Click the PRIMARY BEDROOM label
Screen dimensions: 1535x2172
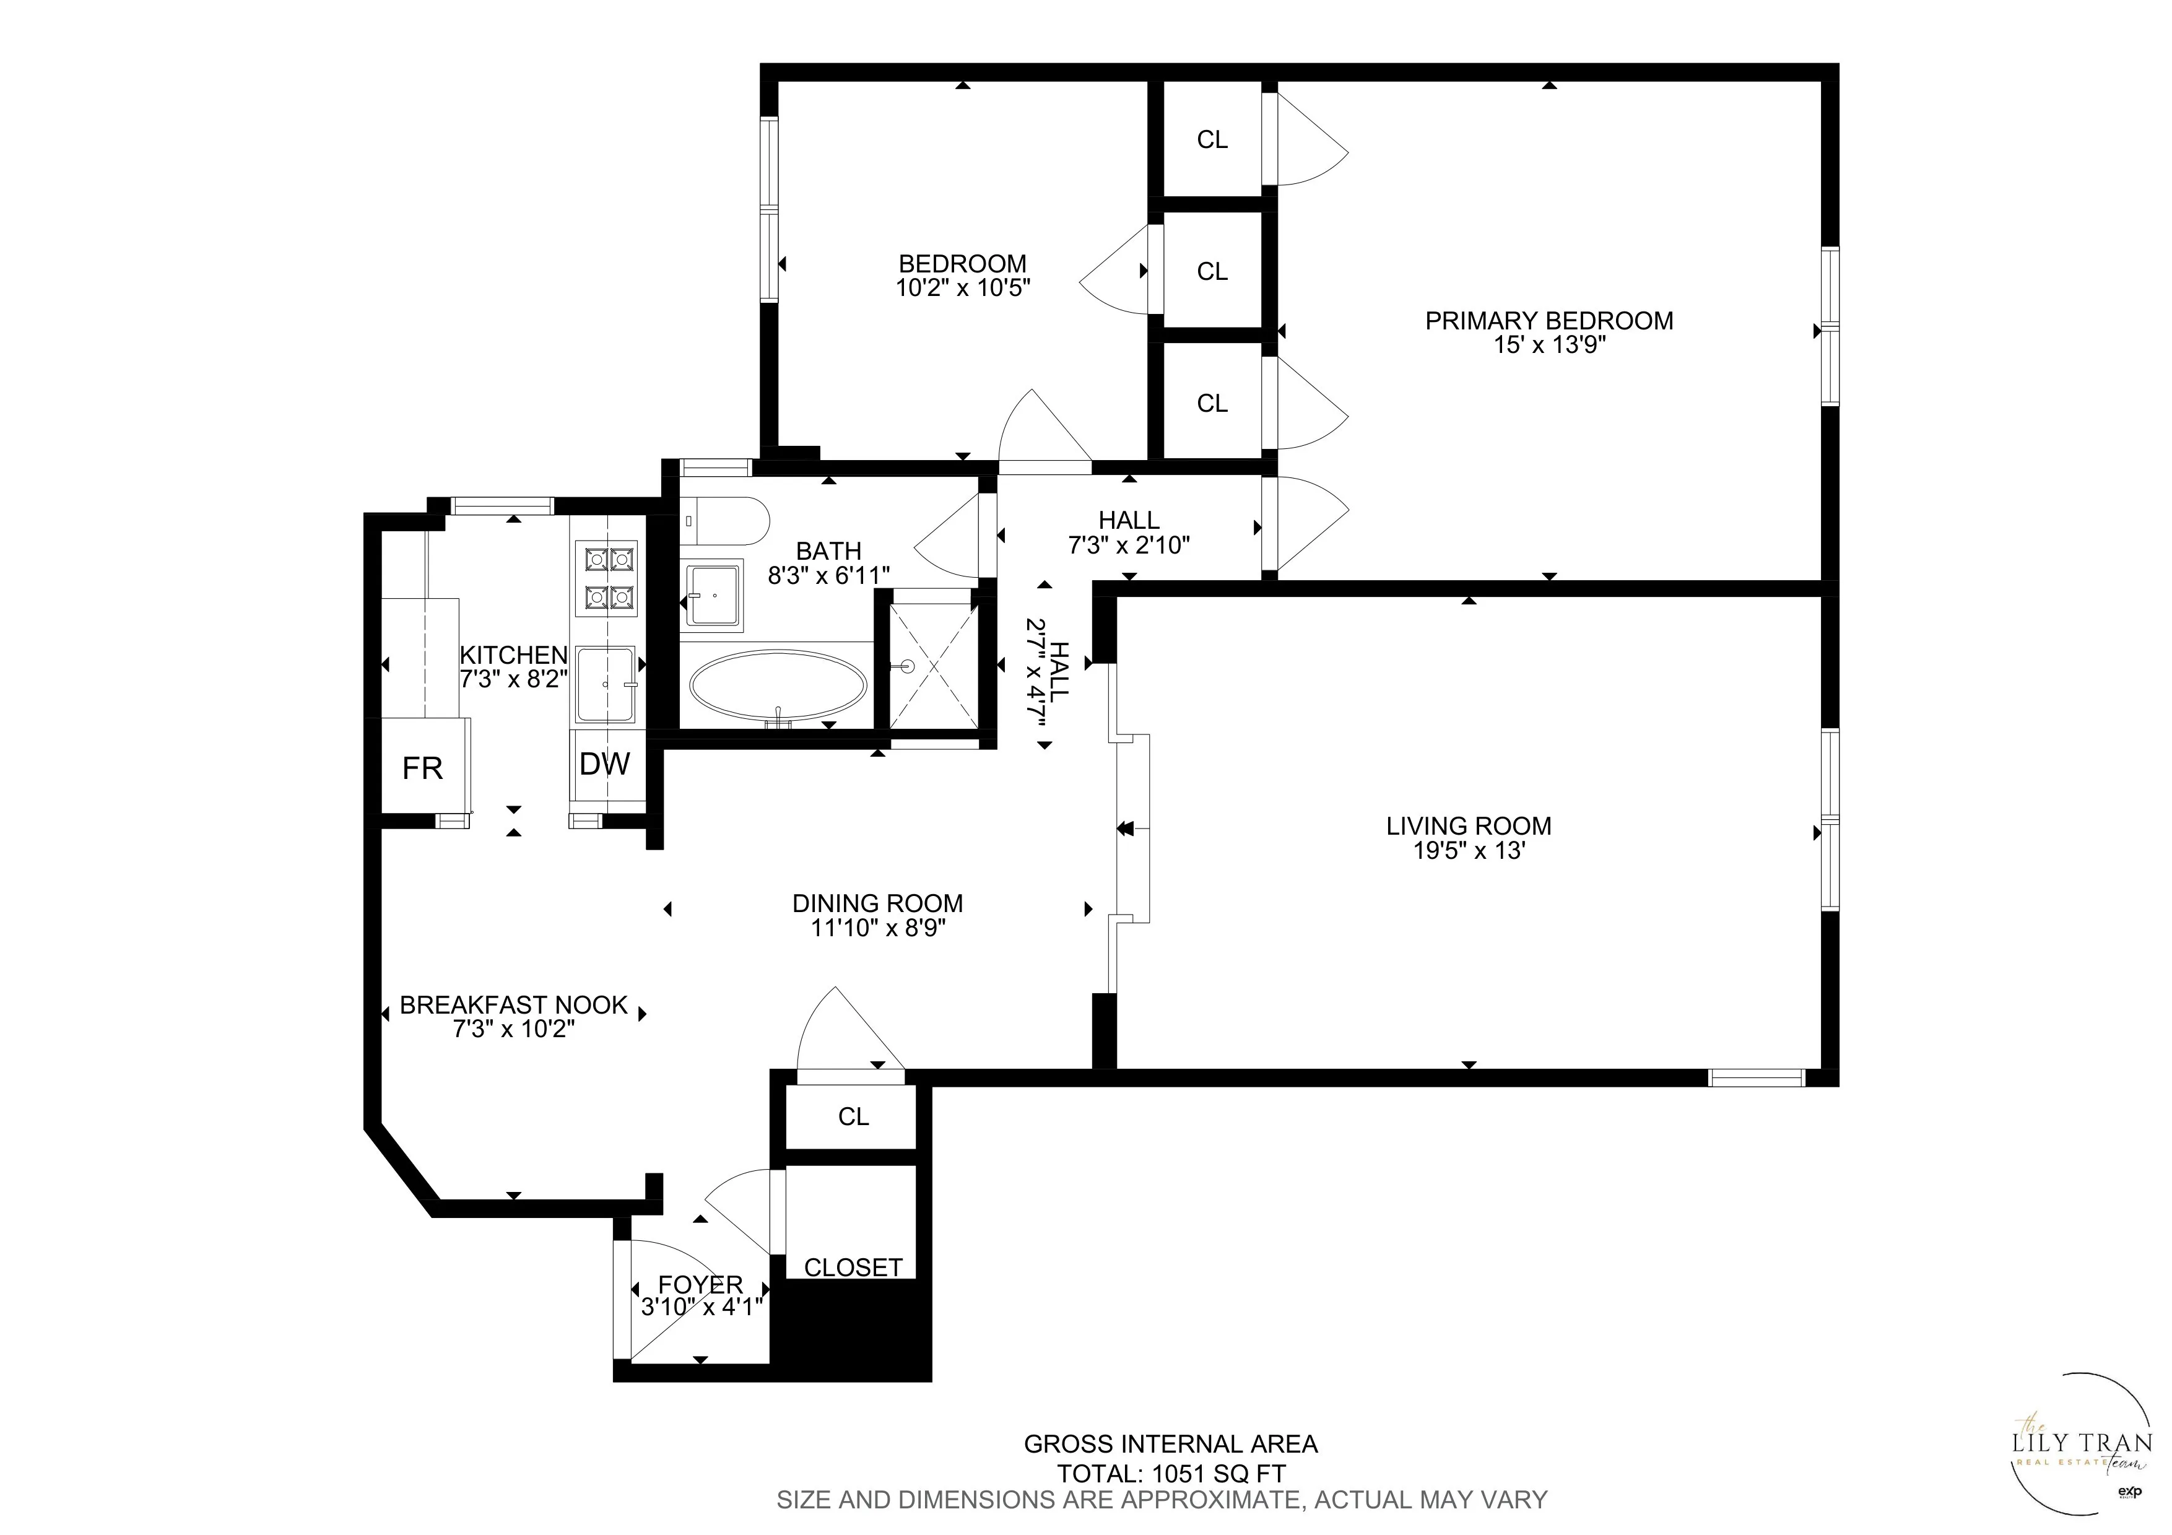(1549, 321)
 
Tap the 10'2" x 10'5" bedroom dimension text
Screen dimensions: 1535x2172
(962, 287)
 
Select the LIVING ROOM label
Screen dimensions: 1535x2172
(1468, 825)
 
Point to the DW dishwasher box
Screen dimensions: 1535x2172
(604, 763)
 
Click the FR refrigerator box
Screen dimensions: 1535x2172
(422, 768)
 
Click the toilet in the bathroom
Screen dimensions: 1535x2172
(724, 521)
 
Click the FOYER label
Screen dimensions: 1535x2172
(700, 1284)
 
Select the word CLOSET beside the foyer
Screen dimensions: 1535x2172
(853, 1268)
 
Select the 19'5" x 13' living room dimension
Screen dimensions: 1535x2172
(1468, 850)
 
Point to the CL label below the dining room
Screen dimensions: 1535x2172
(853, 1117)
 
